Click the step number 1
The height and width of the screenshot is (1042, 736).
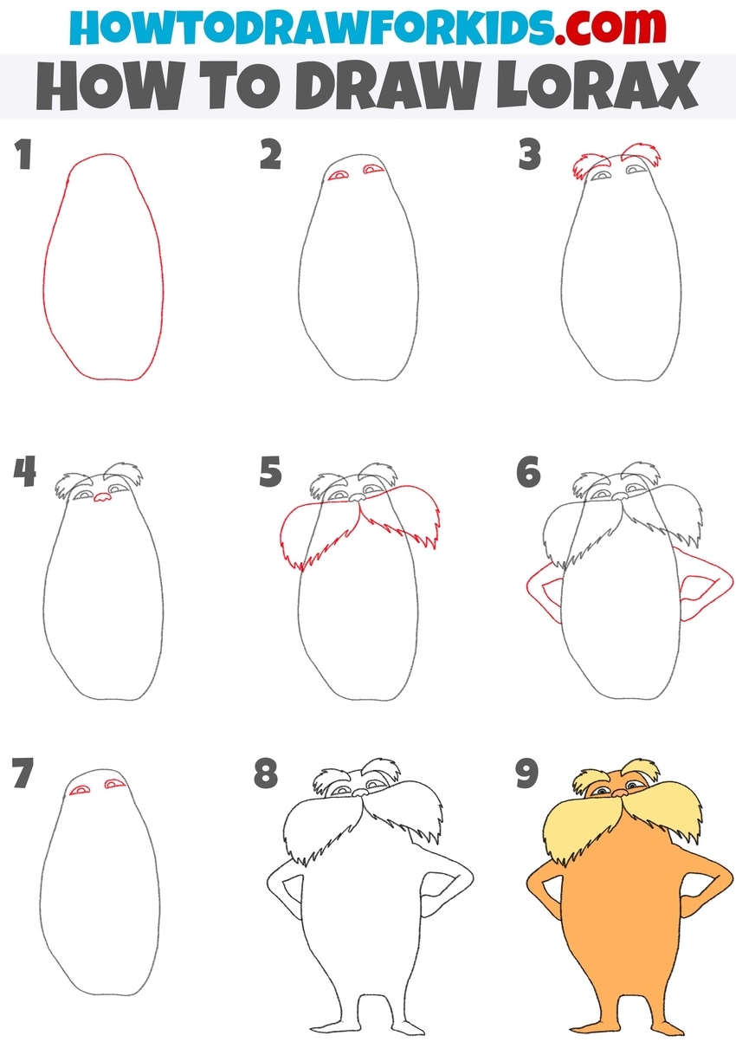(23, 156)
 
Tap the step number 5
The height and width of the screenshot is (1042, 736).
(271, 473)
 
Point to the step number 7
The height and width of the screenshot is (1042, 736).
(23, 773)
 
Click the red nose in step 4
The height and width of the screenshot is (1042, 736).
(101, 498)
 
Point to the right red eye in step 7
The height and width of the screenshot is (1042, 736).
(113, 785)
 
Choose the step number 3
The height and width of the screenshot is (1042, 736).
(530, 156)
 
